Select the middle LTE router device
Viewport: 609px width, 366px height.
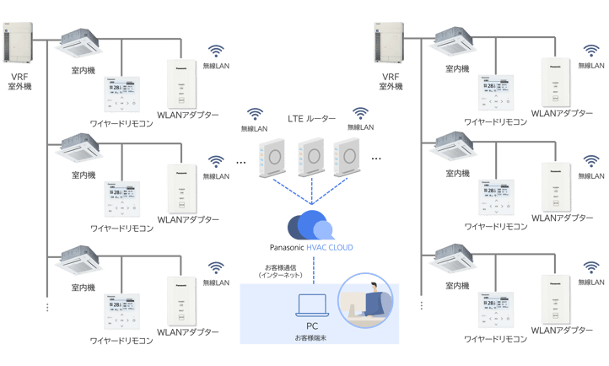point(312,156)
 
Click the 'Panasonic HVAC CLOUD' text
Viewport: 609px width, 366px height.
point(311,247)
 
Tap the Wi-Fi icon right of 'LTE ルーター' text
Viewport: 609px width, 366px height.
point(360,113)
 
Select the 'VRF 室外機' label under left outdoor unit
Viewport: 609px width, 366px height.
point(18,83)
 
